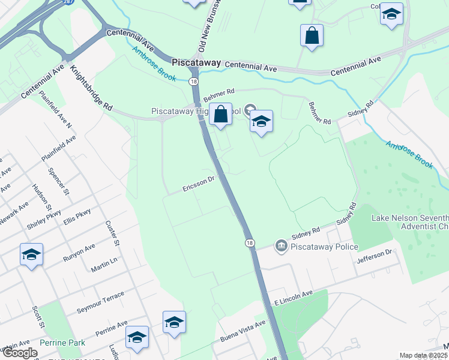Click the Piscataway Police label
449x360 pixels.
tap(325, 247)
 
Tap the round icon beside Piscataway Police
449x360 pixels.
tap(281, 246)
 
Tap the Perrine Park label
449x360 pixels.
tap(62, 343)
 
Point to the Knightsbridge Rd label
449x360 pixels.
tap(91, 88)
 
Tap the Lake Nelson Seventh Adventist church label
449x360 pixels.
tap(410, 223)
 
